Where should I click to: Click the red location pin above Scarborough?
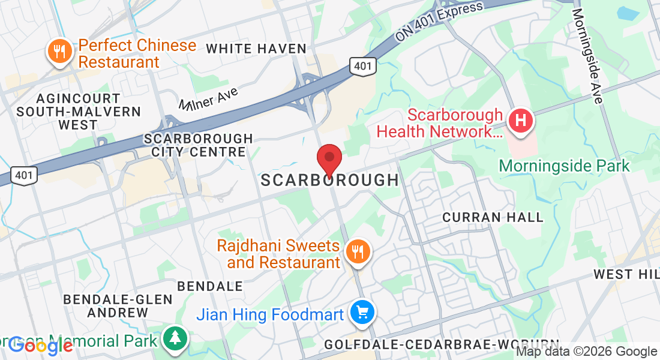point(329,159)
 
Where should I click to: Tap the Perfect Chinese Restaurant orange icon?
point(59,53)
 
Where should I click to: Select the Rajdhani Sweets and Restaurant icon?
point(359,253)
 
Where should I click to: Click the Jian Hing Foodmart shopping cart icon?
point(362,313)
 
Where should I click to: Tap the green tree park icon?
point(175,340)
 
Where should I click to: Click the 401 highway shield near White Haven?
point(364,66)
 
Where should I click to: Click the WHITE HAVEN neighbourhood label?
point(256,49)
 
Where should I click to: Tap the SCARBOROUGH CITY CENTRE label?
point(199,145)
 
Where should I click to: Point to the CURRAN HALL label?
point(493,217)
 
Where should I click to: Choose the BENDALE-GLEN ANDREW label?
point(118,305)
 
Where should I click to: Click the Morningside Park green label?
point(564,165)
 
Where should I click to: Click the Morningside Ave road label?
point(587,55)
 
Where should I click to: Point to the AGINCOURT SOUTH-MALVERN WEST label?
point(79,112)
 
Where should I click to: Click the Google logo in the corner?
point(41,345)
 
